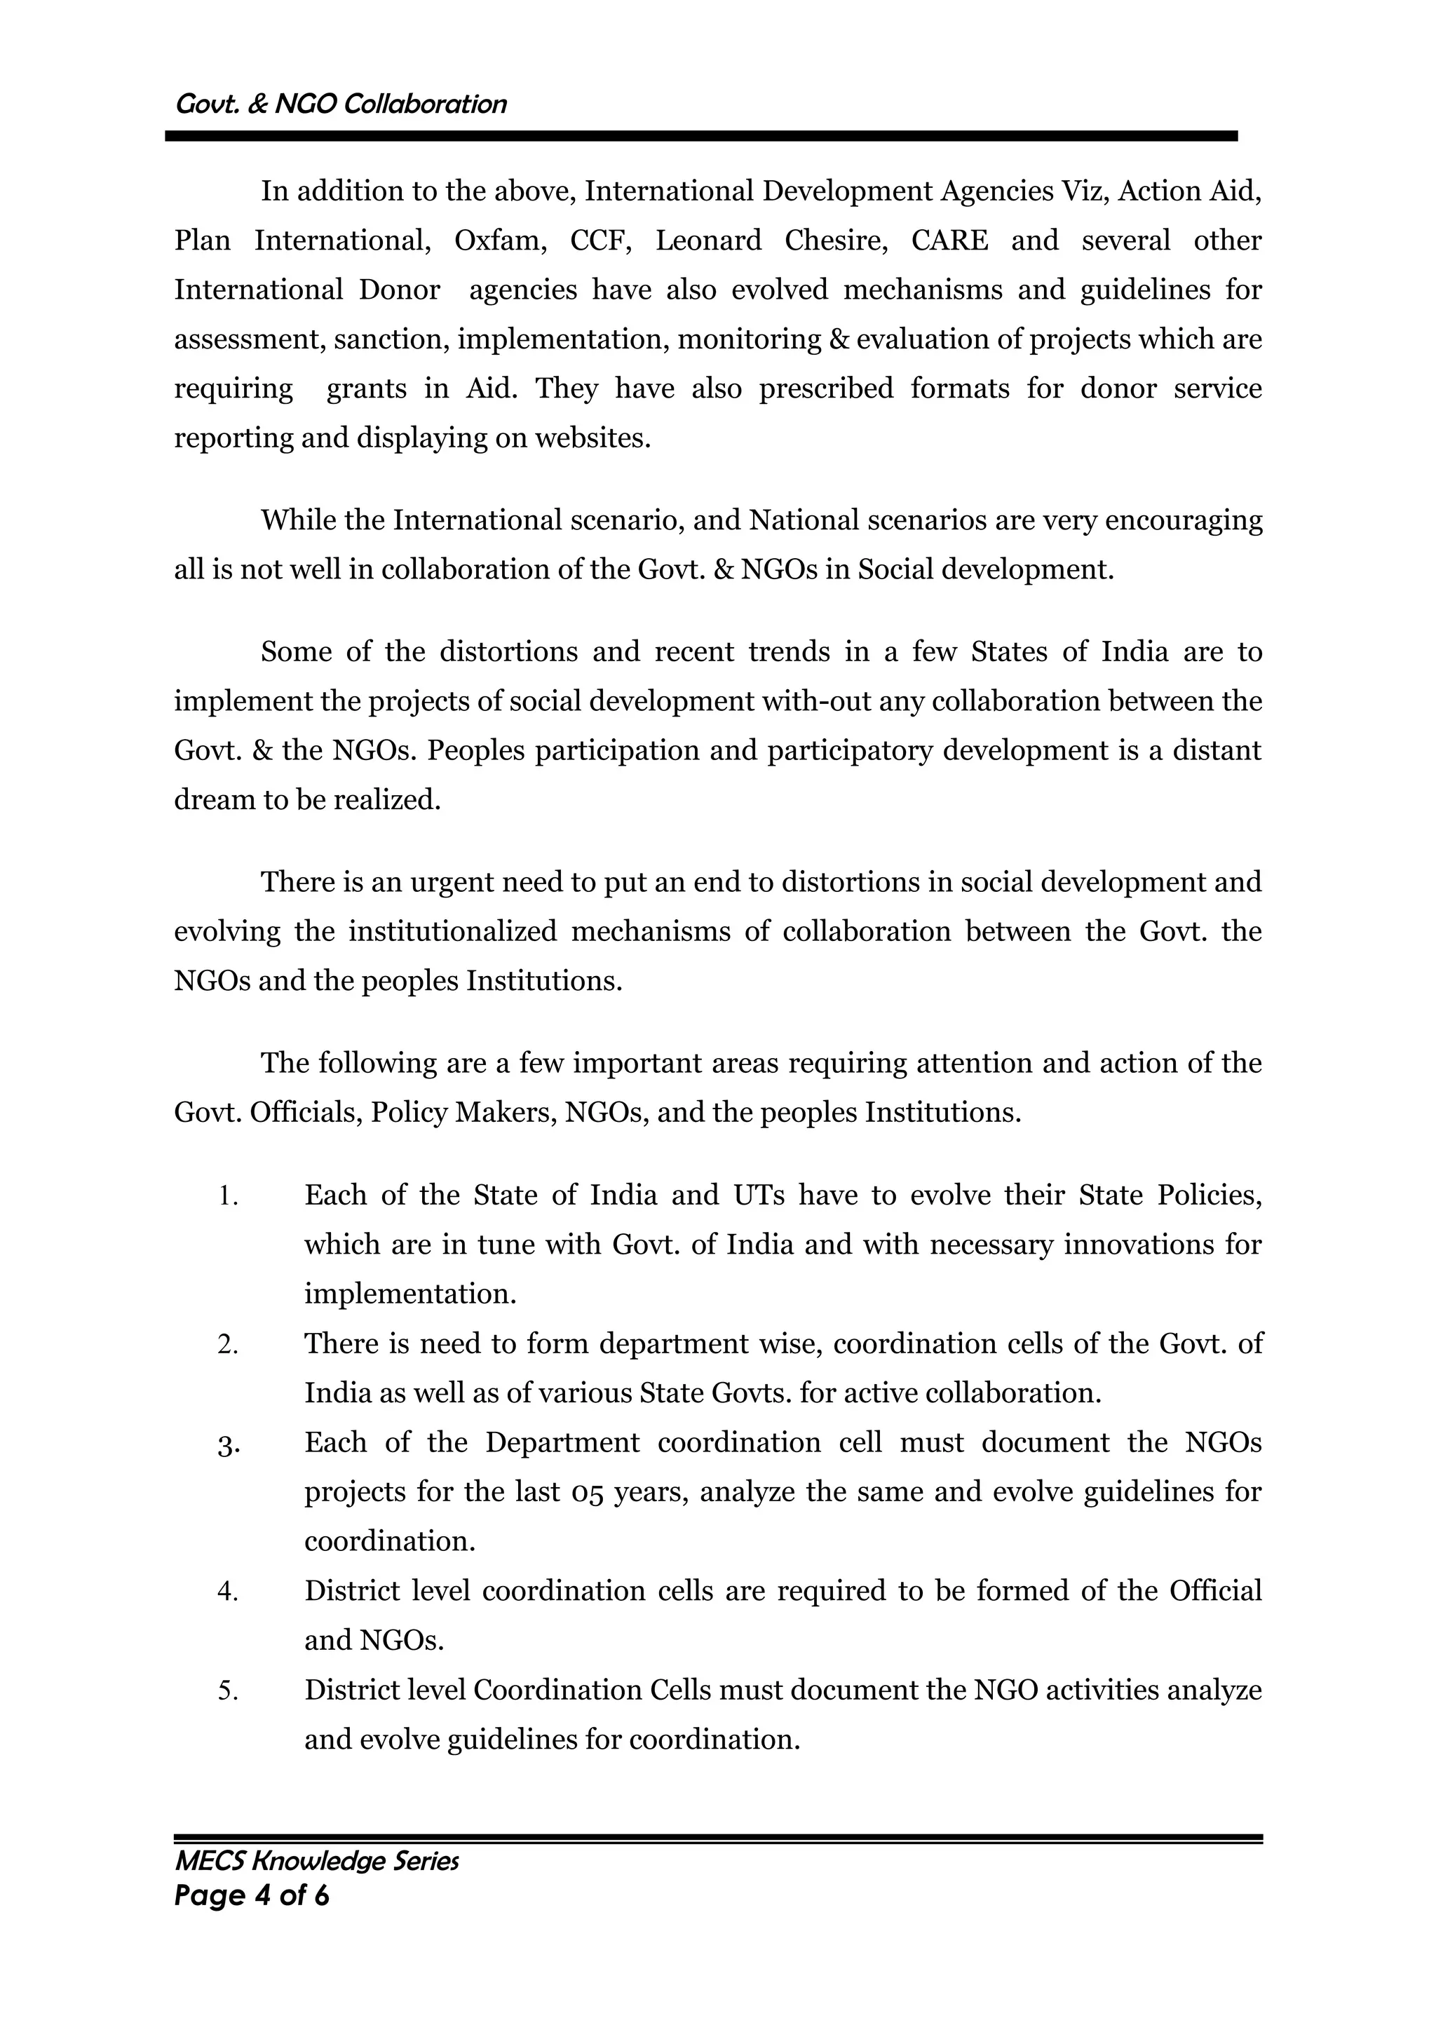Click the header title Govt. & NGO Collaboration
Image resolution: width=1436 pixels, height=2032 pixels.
click(341, 104)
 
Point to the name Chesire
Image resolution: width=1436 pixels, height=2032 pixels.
click(835, 241)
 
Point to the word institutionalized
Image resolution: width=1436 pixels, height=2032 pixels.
click(452, 932)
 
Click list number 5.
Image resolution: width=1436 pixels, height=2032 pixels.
click(229, 1691)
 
